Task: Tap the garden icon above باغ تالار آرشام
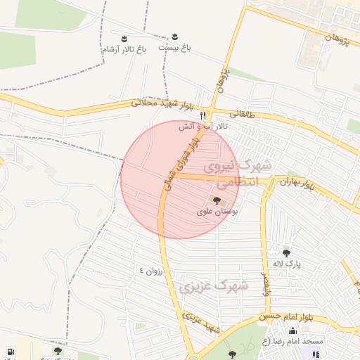[124, 37]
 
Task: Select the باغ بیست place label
[174, 47]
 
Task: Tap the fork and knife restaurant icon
[203, 115]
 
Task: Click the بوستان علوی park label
[217, 210]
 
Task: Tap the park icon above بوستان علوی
[216, 200]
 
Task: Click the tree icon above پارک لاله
[286, 253]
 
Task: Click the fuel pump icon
[9, 351]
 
